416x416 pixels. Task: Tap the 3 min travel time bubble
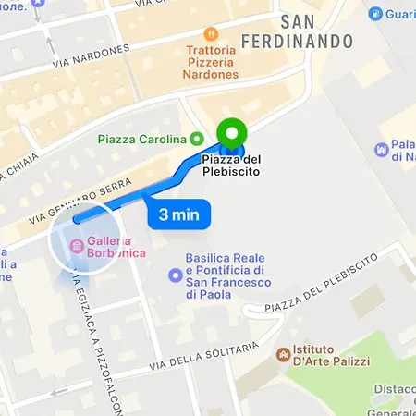point(179,215)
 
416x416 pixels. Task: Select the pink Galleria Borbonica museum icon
point(74,245)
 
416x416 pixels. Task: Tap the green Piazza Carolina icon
point(196,139)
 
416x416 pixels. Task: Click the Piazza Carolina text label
point(142,139)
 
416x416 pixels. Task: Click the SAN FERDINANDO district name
point(297,31)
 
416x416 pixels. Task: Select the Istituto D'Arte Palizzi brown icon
point(284,354)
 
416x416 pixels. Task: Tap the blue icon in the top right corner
point(375,14)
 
